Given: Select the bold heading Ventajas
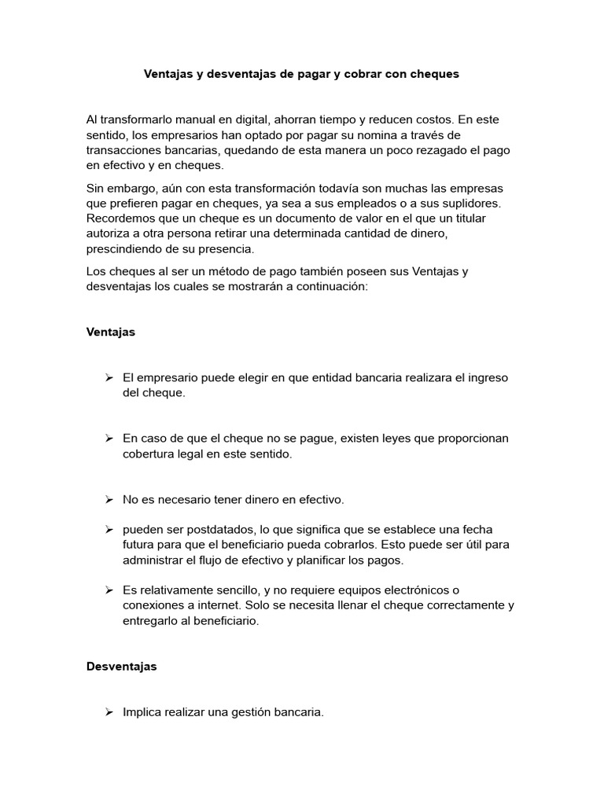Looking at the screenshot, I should [110, 332].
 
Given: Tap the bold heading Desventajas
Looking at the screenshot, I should [121, 666].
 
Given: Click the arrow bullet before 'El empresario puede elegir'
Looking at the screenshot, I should [109, 377].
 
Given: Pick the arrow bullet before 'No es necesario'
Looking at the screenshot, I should [109, 499].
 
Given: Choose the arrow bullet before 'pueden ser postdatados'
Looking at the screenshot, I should [109, 529].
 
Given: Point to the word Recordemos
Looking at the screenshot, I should [120, 219].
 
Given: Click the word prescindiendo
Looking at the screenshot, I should [124, 248].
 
